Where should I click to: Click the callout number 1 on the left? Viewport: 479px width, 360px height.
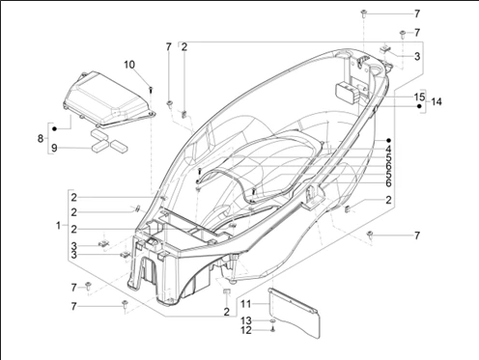tap(58, 226)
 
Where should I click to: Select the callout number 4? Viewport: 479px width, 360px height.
tap(388, 149)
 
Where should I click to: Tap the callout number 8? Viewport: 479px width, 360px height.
tap(41, 139)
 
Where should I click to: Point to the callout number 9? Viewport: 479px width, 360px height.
tap(55, 148)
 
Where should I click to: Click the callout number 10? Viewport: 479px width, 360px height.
tap(129, 65)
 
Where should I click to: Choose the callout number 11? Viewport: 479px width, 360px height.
tap(246, 303)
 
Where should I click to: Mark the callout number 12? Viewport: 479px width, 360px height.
tap(246, 330)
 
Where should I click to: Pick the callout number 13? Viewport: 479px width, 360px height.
tap(246, 319)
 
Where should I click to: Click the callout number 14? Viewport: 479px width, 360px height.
tap(437, 102)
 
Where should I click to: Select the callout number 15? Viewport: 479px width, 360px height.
tap(419, 97)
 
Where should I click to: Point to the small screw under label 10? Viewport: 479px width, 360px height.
tap(152, 88)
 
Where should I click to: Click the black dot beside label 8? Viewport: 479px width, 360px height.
tap(55, 127)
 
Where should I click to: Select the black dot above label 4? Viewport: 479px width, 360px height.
tap(388, 138)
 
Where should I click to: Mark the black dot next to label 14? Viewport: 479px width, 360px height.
tap(420, 108)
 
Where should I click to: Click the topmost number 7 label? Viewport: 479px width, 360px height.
tap(417, 14)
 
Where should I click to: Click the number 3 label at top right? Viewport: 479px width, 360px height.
tap(417, 57)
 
